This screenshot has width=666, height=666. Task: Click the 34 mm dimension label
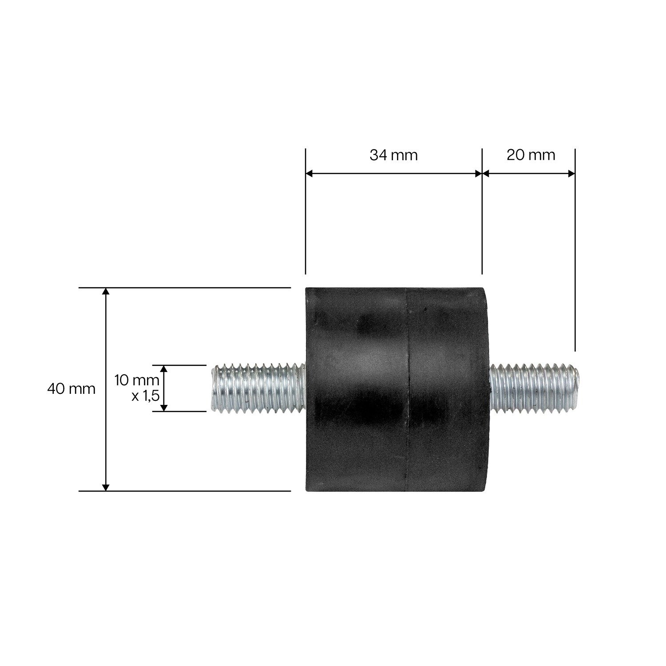393,155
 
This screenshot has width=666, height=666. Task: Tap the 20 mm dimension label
531,155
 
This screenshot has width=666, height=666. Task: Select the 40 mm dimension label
71,389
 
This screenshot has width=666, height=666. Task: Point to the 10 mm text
136,380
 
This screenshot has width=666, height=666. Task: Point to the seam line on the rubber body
408,389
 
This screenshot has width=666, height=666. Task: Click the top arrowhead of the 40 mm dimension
106,291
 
